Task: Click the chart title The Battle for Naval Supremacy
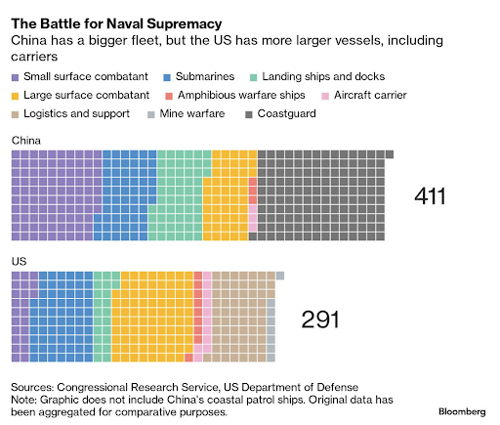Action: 116,23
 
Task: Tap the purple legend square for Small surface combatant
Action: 15,77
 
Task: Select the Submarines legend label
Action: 205,76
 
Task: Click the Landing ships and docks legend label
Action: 323,76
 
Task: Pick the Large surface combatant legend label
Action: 86,95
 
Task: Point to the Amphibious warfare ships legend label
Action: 241,95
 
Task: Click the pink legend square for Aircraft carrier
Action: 325,96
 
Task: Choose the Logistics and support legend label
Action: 76,113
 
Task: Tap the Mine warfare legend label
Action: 192,113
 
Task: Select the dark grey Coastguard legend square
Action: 249,114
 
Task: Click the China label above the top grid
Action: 26,141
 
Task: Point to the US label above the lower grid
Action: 19,262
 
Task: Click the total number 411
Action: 430,196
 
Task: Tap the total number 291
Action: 320,319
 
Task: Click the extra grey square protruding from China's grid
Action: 390,154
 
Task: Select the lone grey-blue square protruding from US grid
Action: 280,276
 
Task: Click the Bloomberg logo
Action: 462,412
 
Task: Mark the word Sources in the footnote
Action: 32,387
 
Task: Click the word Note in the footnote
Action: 23,400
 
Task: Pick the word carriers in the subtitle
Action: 34,57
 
